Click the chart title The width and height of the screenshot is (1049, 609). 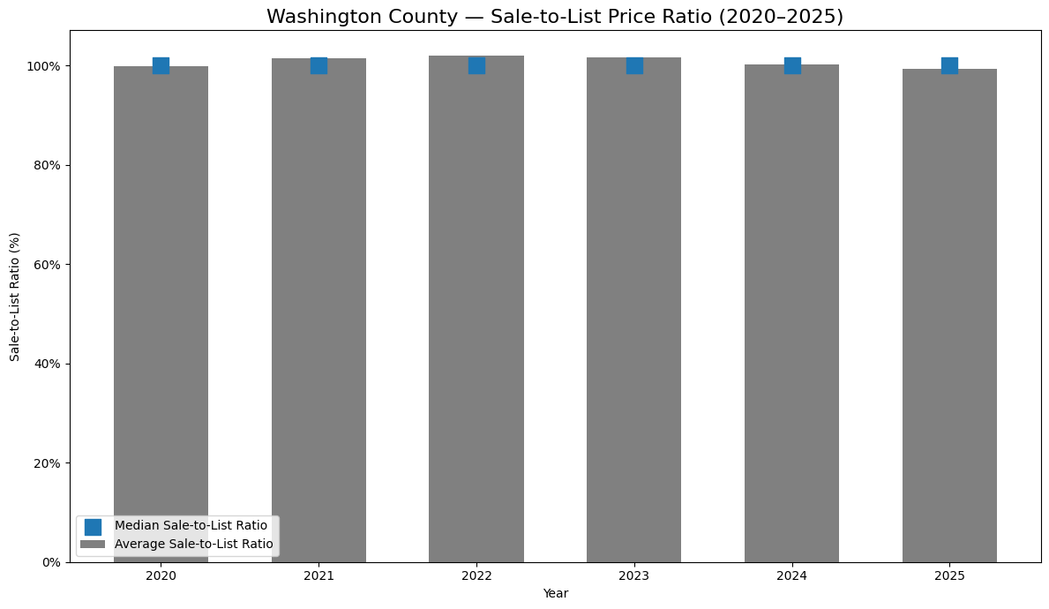[x=554, y=17]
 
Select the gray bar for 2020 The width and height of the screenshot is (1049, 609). [x=161, y=309]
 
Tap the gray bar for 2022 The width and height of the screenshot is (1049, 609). [x=476, y=309]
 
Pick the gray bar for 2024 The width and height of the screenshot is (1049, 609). [x=791, y=309]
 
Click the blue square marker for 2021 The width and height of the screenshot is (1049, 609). [x=318, y=65]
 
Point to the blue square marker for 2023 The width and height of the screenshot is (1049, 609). [x=634, y=65]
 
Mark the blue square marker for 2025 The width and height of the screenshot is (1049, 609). [x=949, y=65]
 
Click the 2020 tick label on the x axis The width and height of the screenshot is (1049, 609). [x=161, y=576]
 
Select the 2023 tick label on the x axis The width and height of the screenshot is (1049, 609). [x=634, y=576]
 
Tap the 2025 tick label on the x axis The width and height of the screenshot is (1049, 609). [x=949, y=576]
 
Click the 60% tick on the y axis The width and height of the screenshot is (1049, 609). [x=46, y=265]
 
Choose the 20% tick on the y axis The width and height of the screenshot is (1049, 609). [x=46, y=463]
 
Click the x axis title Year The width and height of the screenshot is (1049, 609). [x=556, y=594]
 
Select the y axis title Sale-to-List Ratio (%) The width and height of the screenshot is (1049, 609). [x=15, y=297]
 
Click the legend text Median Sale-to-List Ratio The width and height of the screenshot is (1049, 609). [x=191, y=526]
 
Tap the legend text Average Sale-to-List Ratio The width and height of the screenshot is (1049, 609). [x=193, y=545]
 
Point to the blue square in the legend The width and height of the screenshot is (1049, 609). [x=93, y=526]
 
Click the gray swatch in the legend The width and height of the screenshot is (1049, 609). [x=93, y=545]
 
